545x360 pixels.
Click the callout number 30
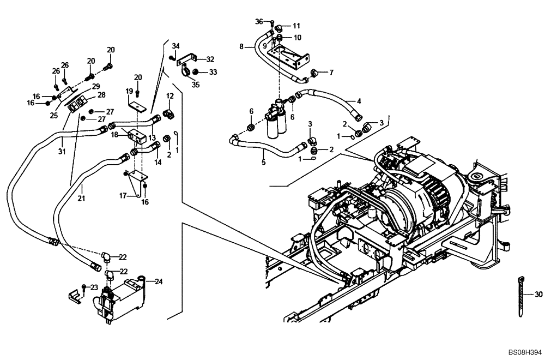point(538,295)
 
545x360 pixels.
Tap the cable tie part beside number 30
point(519,296)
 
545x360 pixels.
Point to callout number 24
point(159,282)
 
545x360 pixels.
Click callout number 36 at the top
point(259,21)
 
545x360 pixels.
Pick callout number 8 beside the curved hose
point(241,47)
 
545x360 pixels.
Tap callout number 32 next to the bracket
point(210,59)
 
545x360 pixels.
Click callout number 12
point(169,96)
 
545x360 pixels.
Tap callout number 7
point(331,72)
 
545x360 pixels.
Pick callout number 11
point(296,26)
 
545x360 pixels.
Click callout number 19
point(130,91)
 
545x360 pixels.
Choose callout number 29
point(95,87)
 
